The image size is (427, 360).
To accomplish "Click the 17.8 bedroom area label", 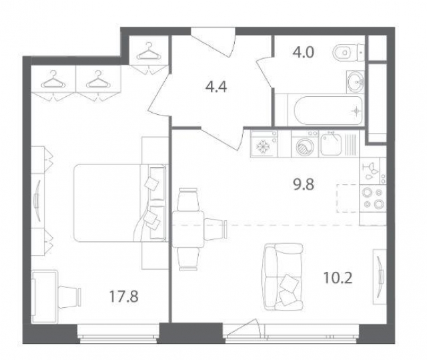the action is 124,297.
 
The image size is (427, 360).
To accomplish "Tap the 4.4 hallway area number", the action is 216,87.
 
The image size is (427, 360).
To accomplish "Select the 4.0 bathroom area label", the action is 303,52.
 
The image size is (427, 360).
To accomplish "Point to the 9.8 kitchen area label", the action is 304,184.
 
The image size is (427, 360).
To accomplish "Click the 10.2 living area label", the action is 338,278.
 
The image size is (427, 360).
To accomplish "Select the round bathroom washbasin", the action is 355,81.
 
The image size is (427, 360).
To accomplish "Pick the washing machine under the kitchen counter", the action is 305,144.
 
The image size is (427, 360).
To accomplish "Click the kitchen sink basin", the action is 331,144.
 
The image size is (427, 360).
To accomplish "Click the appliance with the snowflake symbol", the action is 264,144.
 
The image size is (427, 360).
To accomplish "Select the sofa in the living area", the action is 284,277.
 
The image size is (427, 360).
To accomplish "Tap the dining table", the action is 188,229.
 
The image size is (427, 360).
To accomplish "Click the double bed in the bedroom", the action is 120,203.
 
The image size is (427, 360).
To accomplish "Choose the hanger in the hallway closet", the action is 148,51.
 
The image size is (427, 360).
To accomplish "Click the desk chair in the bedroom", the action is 70,297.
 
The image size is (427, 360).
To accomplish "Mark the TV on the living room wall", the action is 380,277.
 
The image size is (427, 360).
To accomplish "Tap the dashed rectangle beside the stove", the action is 348,198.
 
